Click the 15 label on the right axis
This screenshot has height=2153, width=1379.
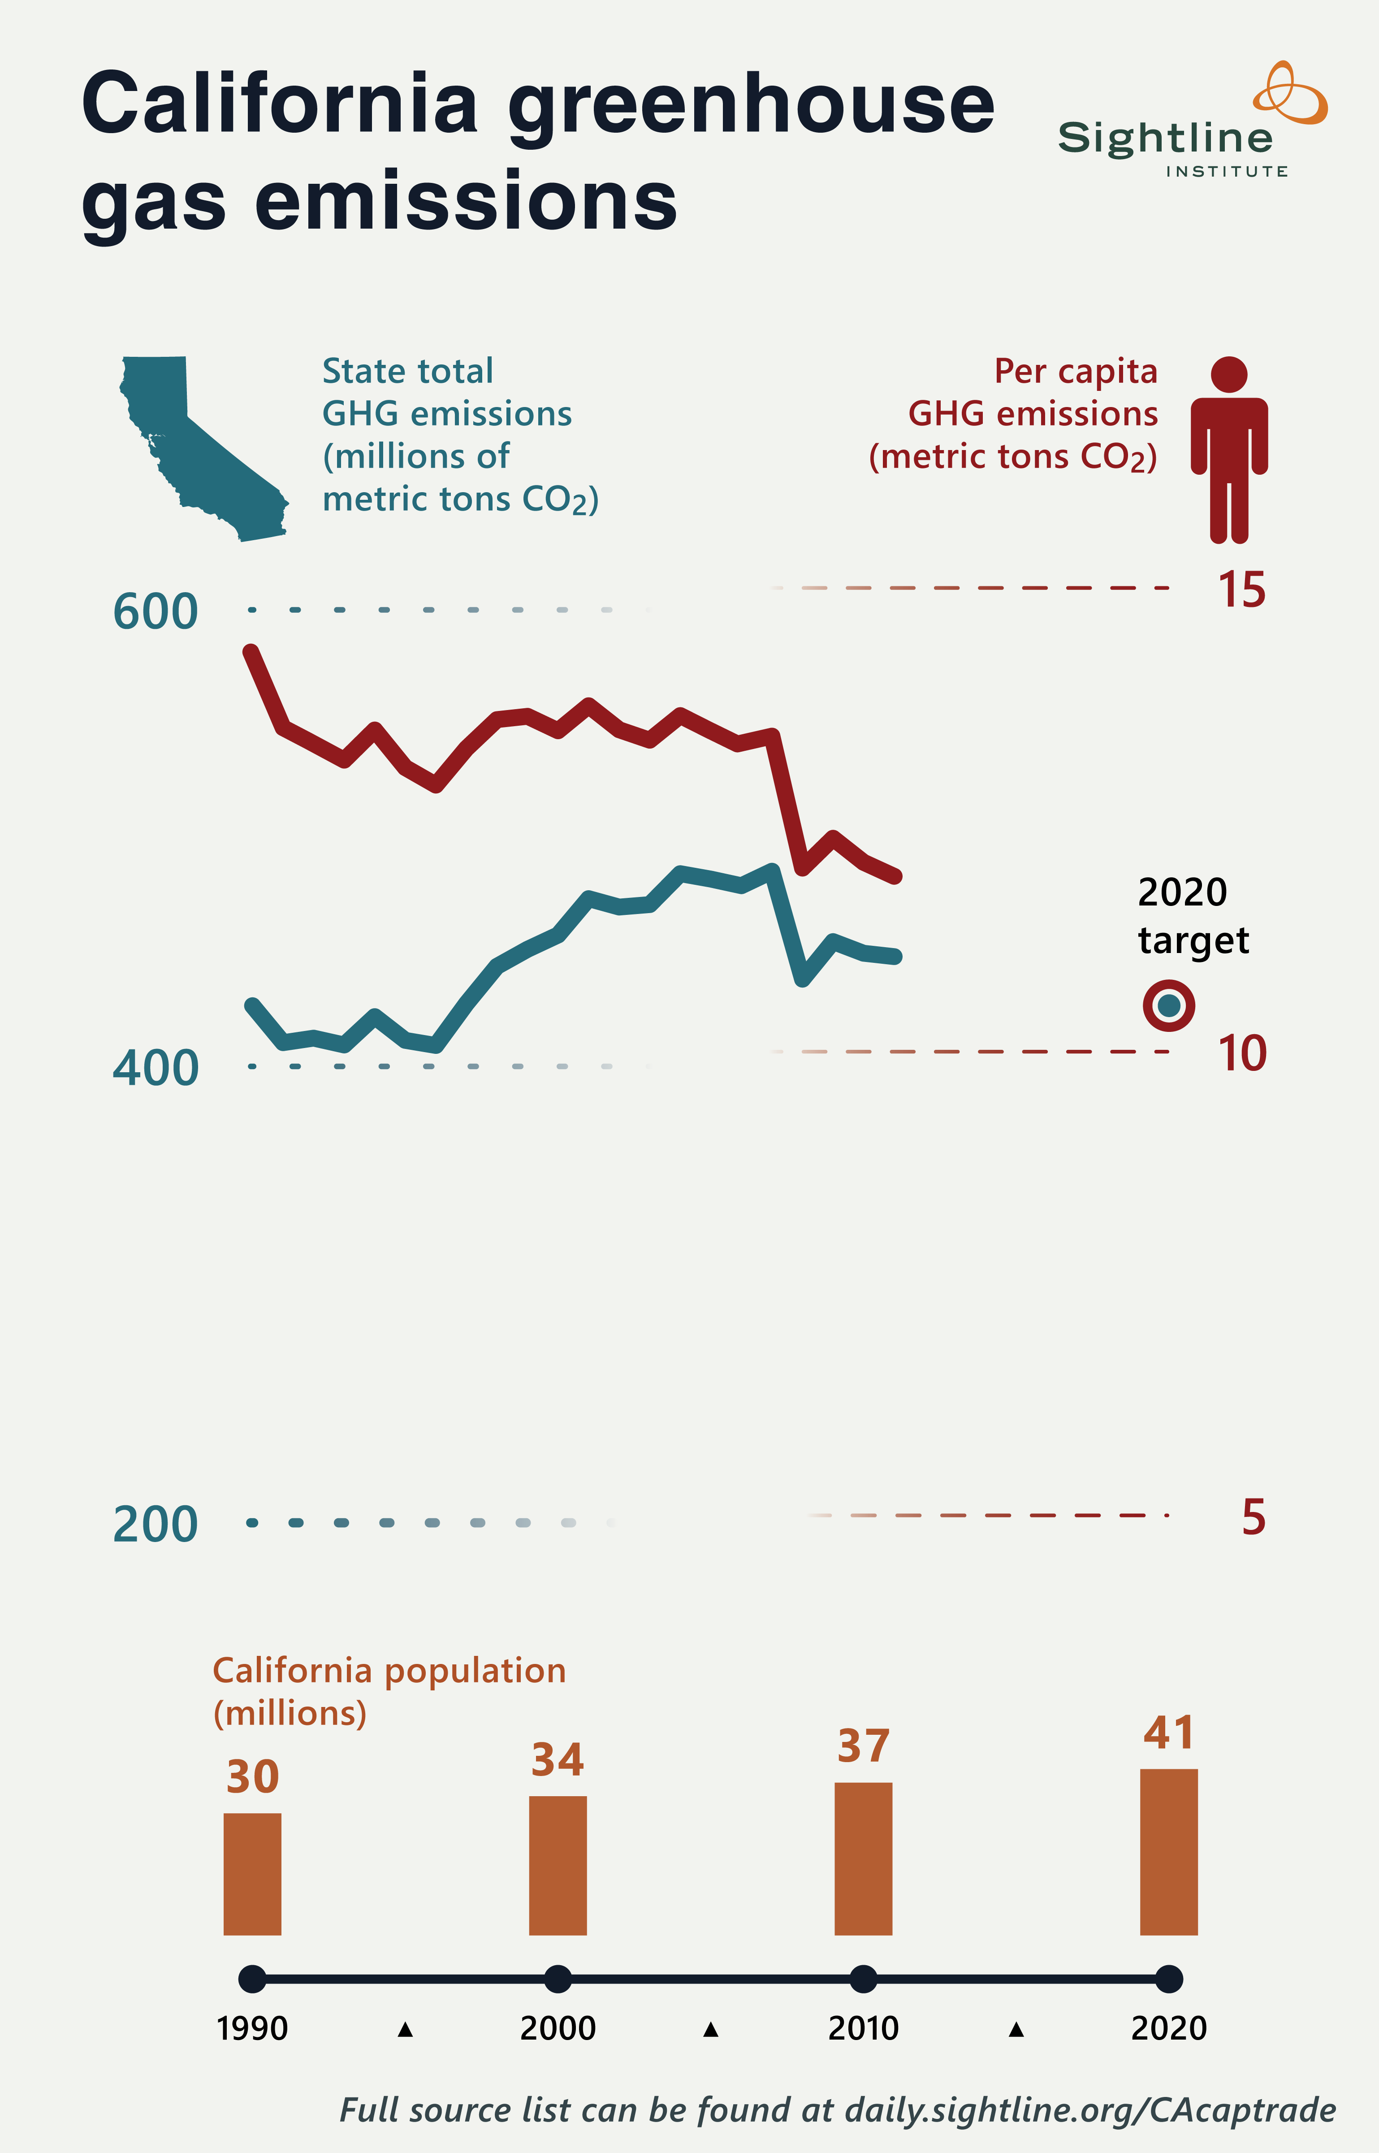pos(1241,590)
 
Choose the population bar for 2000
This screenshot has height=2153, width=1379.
pos(558,1866)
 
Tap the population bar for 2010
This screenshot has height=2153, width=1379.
pos(863,1858)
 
